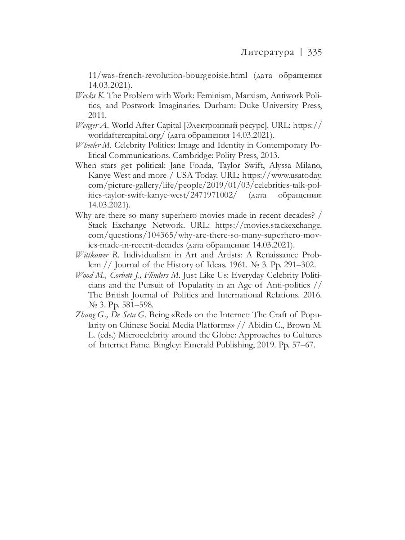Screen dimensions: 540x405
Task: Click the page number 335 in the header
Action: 315,52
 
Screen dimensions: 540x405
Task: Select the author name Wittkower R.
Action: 92,255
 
